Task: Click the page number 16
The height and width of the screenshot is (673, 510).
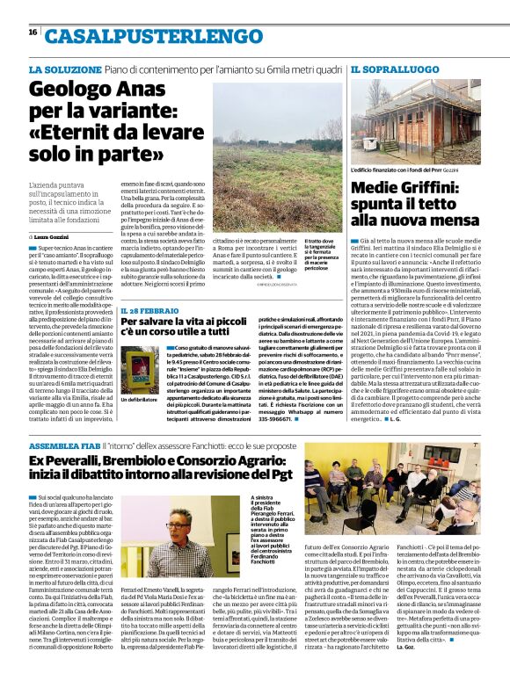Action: coord(33,33)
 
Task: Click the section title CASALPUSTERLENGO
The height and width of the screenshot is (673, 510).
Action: coord(148,36)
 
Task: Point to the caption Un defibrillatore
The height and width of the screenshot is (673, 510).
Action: coord(139,402)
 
